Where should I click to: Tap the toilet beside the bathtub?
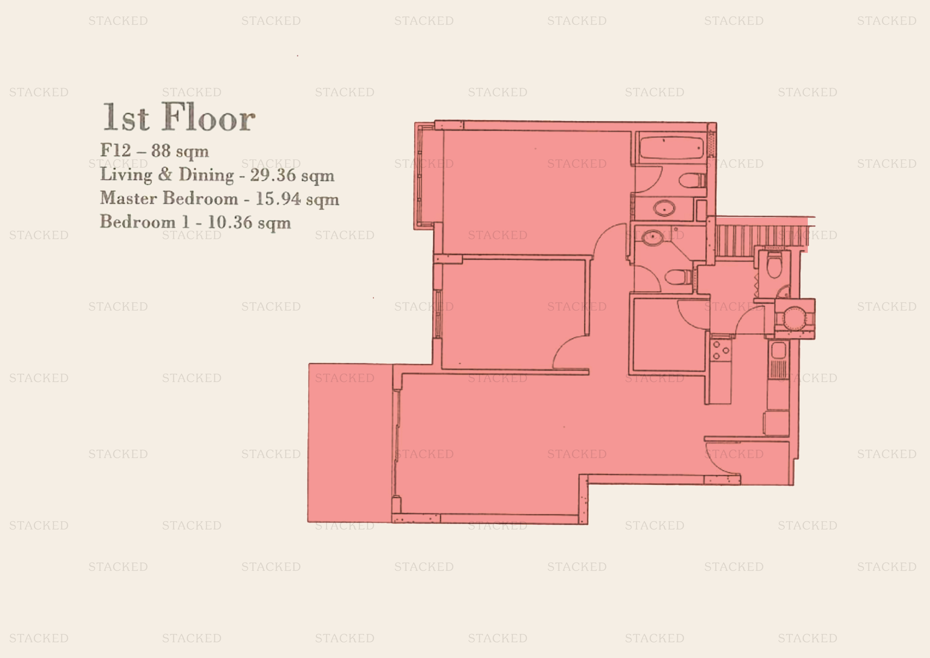[693, 180]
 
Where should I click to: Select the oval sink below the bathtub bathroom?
[664, 209]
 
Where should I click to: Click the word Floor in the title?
[209, 117]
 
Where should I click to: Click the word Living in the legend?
[126, 175]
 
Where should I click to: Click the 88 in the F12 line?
[161, 150]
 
